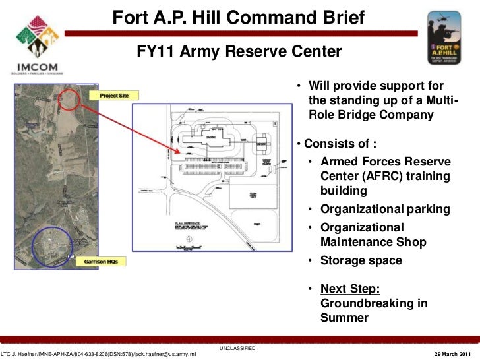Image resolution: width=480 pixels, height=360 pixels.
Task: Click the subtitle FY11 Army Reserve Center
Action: pos(239,51)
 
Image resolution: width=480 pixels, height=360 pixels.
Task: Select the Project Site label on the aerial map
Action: pos(113,96)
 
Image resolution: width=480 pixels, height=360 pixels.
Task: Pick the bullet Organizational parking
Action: pos(385,210)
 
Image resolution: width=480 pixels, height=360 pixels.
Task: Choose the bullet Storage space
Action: pos(360,260)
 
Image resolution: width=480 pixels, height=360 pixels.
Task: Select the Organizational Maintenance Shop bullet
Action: pos(373,235)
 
